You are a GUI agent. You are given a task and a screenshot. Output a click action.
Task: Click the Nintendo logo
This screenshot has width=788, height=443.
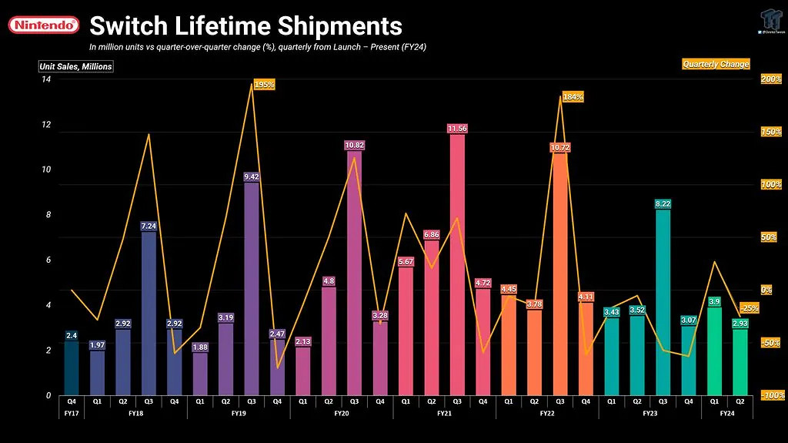click(x=44, y=25)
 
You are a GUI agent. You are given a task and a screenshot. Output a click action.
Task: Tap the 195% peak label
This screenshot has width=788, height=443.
click(x=264, y=85)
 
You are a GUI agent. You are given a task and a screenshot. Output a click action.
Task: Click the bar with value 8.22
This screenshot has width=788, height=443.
click(x=663, y=300)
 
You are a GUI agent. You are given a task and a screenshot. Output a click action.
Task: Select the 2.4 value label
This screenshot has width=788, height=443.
click(x=71, y=335)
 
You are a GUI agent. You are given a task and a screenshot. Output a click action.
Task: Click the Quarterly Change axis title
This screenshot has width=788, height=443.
click(x=716, y=64)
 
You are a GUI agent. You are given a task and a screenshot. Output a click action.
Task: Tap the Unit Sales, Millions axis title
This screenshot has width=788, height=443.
click(x=76, y=66)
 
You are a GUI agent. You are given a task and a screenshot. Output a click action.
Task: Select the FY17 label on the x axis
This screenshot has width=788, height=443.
click(x=71, y=414)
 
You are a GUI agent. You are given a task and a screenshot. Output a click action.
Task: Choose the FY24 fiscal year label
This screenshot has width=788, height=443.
click(x=726, y=414)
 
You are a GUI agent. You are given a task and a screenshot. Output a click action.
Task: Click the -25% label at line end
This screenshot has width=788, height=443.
click(x=750, y=308)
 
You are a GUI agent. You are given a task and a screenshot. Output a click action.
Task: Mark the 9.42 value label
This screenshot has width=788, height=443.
click(x=252, y=176)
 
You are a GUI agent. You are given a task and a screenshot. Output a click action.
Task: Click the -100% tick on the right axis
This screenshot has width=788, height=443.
click(x=771, y=395)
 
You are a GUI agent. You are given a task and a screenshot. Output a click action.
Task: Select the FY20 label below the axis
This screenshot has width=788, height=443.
click(x=341, y=414)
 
